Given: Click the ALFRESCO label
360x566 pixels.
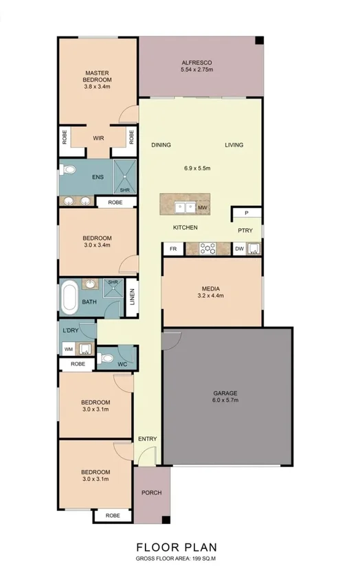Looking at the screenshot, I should tap(196, 62).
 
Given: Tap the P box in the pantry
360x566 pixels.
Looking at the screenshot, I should tap(246, 214).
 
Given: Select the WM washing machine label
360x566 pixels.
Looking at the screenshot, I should tap(68, 349).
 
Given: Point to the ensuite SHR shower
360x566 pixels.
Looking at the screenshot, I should tap(125, 177).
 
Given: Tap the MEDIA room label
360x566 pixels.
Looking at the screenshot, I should tap(211, 288).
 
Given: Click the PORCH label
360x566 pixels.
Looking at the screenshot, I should tap(151, 493).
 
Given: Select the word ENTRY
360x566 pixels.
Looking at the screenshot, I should tap(147, 439).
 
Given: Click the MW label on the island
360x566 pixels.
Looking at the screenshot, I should tap(203, 207).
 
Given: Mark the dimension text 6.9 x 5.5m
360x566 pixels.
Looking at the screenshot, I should tap(196, 168).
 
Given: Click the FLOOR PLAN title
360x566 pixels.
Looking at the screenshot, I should tap(177, 547).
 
